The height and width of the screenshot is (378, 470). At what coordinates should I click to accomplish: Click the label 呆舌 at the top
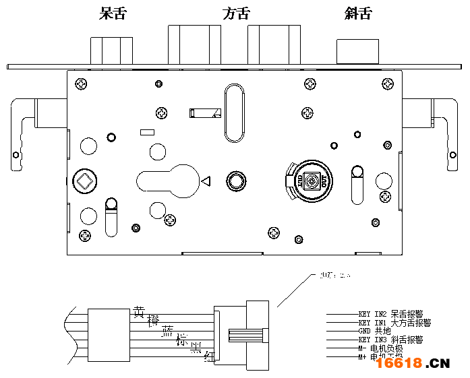click(x=112, y=13)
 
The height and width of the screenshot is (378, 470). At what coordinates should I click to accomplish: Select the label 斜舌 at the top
click(x=358, y=13)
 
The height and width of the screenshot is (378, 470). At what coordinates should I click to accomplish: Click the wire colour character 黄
click(x=139, y=312)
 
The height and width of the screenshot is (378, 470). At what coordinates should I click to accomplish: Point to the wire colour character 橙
click(x=153, y=321)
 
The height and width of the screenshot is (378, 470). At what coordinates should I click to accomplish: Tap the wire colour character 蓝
click(x=167, y=330)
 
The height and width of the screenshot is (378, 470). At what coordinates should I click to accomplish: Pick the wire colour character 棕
click(x=181, y=340)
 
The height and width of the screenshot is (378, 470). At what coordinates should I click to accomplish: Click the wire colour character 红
click(x=209, y=358)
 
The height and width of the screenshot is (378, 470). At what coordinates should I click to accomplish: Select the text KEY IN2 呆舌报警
click(x=390, y=314)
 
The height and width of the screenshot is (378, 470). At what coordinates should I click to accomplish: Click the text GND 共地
click(x=374, y=332)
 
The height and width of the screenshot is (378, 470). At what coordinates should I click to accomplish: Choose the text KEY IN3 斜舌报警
click(x=390, y=340)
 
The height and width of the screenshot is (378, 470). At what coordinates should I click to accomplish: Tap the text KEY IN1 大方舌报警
click(x=394, y=323)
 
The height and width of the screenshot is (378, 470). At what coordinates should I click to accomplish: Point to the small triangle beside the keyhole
click(x=206, y=181)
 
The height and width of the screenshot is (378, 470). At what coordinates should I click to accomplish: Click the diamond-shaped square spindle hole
click(x=84, y=181)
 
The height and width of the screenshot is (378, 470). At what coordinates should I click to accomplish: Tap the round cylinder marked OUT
click(x=311, y=181)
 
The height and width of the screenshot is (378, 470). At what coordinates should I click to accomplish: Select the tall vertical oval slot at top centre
click(x=234, y=113)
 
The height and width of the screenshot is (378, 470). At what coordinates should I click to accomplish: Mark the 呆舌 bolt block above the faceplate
click(x=111, y=51)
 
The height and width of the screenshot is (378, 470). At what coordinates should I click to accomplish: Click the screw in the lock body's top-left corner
click(x=82, y=84)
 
